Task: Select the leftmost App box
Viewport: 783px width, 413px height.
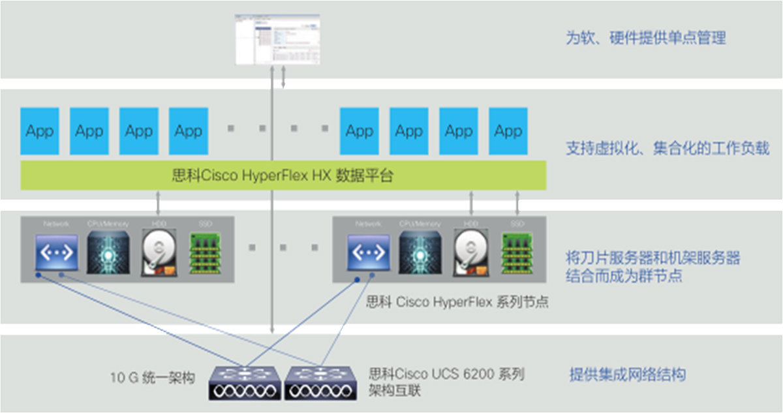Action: tap(40, 130)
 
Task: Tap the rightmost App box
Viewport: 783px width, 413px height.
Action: tap(508, 130)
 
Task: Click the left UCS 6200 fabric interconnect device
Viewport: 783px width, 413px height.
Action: tap(245, 382)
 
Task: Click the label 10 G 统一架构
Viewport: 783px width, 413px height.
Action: tap(153, 378)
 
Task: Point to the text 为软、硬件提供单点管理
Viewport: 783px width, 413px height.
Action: tap(645, 38)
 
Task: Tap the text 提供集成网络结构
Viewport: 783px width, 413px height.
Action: tap(627, 375)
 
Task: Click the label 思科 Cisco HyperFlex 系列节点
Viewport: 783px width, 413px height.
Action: tap(457, 302)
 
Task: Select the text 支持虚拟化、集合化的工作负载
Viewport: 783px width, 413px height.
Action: tap(667, 149)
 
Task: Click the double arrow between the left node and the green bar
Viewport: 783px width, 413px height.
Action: tap(159, 202)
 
